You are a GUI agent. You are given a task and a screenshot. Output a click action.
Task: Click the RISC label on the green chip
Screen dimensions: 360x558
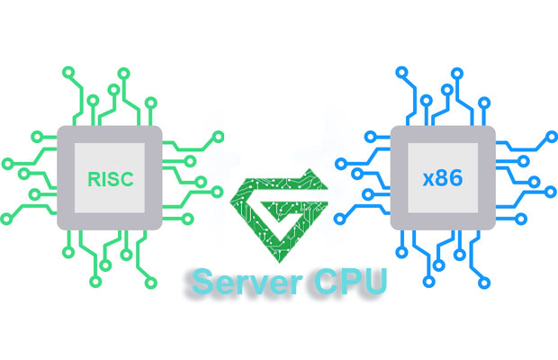pyautogui.click(x=111, y=178)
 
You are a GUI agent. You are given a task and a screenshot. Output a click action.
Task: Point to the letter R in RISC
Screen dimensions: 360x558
pyautogui.click(x=94, y=178)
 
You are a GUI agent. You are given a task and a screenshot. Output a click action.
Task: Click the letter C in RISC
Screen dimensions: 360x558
pyautogui.click(x=127, y=178)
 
